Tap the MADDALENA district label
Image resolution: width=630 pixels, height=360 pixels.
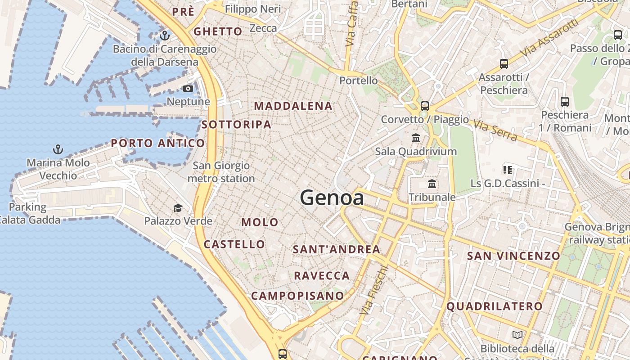coord(293,106)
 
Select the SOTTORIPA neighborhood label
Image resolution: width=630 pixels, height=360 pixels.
coord(236,125)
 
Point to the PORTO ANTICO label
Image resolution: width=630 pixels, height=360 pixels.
coord(158,144)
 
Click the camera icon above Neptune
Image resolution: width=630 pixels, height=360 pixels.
coord(188,89)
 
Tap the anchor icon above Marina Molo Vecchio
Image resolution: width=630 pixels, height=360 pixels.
coord(58,149)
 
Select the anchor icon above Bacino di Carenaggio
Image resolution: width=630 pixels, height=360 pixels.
coord(165,35)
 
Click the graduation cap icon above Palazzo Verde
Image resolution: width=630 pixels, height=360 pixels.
coord(178,208)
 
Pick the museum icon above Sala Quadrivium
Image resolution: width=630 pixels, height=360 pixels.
coord(416,138)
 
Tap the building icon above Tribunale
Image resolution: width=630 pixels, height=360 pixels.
coord(432,184)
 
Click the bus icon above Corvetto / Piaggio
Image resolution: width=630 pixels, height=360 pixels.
coord(424,106)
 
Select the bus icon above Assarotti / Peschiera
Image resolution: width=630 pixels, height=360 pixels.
coord(504,64)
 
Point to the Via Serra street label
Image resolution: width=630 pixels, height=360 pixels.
coord(495,130)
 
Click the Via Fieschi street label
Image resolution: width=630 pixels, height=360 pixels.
coord(374,290)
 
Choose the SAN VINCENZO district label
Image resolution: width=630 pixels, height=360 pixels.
coord(513,256)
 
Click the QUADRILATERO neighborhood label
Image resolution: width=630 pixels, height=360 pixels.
coord(495,306)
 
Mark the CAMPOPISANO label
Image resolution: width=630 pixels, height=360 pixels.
coord(297,296)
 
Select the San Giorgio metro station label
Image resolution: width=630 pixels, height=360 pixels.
coord(221,172)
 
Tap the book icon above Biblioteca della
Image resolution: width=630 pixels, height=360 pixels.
coord(517,335)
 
